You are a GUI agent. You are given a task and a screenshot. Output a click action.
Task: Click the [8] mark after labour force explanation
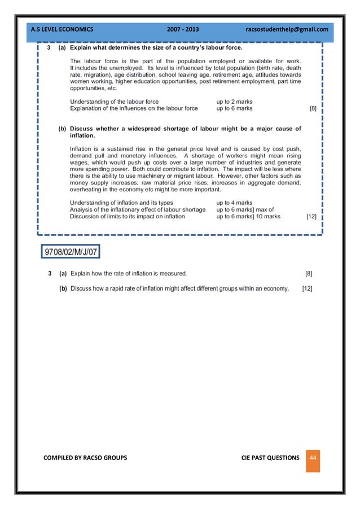[x=313, y=108]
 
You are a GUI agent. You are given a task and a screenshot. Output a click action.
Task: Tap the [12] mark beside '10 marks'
[x=311, y=216]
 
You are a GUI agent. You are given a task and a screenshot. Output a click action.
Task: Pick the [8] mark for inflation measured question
[x=308, y=274]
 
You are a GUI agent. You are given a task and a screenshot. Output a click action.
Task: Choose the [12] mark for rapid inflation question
[x=308, y=288]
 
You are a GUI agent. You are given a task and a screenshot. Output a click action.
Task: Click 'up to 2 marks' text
[x=234, y=102]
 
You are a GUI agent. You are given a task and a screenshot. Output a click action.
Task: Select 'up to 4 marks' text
[x=234, y=203]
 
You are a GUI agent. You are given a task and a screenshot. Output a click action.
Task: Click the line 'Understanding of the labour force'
[x=114, y=102]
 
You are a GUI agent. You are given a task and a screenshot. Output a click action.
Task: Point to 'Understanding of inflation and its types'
[x=121, y=203]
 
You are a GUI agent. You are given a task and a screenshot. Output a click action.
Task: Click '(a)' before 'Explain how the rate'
[x=63, y=274]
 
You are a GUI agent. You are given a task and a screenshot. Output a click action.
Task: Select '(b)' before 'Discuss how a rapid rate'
[x=63, y=288]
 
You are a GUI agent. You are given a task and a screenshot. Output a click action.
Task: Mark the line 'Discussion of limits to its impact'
[x=127, y=216]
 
